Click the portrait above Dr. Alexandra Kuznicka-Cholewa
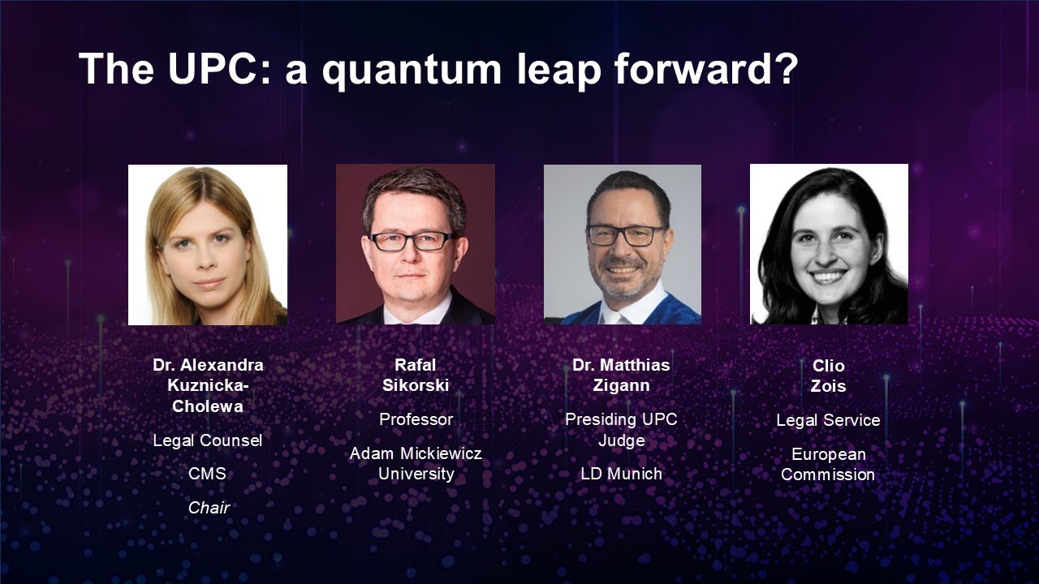(208, 244)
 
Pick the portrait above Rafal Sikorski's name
(416, 244)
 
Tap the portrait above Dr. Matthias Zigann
(623, 244)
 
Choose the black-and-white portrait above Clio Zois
(829, 244)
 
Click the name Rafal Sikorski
(416, 375)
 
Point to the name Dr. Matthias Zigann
(621, 375)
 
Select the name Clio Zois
(828, 376)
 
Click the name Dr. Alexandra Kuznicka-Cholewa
(208, 385)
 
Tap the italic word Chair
(209, 508)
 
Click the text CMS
(208, 474)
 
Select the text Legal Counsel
(208, 440)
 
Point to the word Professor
(416, 419)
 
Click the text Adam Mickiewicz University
(416, 463)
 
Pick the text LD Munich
(621, 474)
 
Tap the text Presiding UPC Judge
(621, 430)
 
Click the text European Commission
(828, 464)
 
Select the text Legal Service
(828, 420)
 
